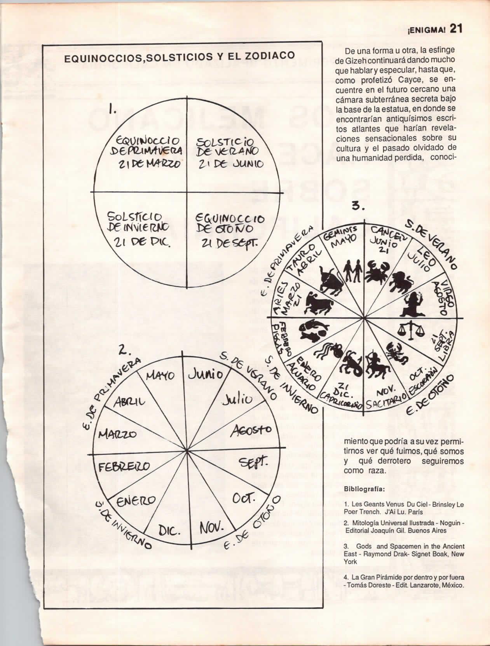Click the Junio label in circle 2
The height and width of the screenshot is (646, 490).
coord(206,374)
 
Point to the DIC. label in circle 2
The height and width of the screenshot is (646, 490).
coord(169,531)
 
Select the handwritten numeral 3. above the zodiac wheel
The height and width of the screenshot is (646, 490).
coord(358,206)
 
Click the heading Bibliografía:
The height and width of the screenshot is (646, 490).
coord(364,488)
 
